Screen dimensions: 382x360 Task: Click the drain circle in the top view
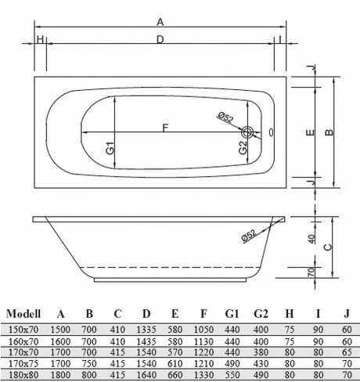click(x=248, y=132)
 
